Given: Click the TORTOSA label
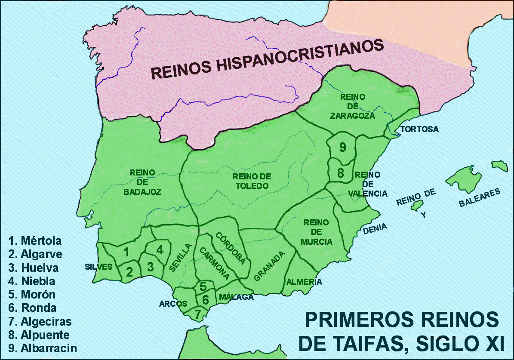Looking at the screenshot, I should point(419,129).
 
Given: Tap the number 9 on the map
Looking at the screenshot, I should point(342,147).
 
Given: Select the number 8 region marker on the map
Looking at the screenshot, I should point(341,173).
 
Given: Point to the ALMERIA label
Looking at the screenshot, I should point(304,282).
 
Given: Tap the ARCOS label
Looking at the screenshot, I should point(173,304).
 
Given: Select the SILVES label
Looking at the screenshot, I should point(98,266).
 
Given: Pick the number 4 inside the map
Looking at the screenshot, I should point(160,249).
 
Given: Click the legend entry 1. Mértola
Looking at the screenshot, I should point(35,240).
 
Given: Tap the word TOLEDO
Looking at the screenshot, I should point(252,186).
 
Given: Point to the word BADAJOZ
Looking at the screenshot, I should point(142,192).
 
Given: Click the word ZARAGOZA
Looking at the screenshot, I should point(353,115).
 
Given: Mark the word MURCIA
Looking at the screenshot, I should point(317,242).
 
